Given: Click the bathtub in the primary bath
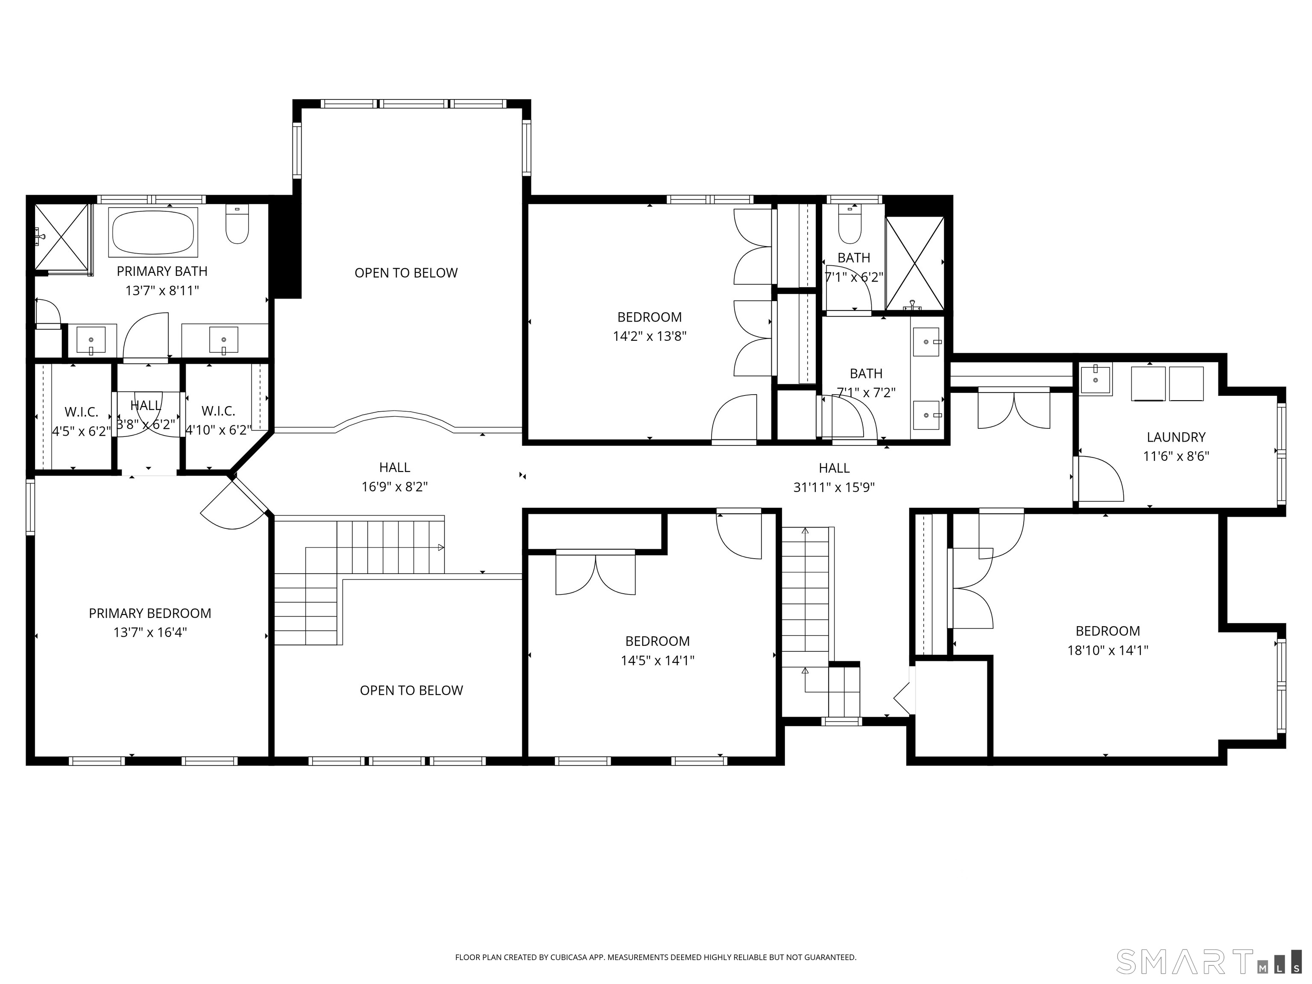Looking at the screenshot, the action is pos(153,232).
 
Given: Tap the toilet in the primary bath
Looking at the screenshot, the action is pos(237,224).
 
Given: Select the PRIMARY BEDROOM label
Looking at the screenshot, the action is pos(150,613).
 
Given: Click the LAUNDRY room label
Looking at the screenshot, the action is pos(1176,437).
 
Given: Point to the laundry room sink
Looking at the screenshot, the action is pos(1095,380).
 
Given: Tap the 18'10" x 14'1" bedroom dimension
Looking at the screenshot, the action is pos(1108,650).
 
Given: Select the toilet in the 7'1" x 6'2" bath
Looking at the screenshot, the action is pos(850,224).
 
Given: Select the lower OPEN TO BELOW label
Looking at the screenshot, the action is pos(411,691).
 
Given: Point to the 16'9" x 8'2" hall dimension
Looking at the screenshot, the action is pos(395,487).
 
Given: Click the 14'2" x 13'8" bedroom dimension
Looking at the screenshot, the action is pos(650,336).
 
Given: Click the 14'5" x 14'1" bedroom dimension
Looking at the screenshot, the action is pos(657,660).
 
